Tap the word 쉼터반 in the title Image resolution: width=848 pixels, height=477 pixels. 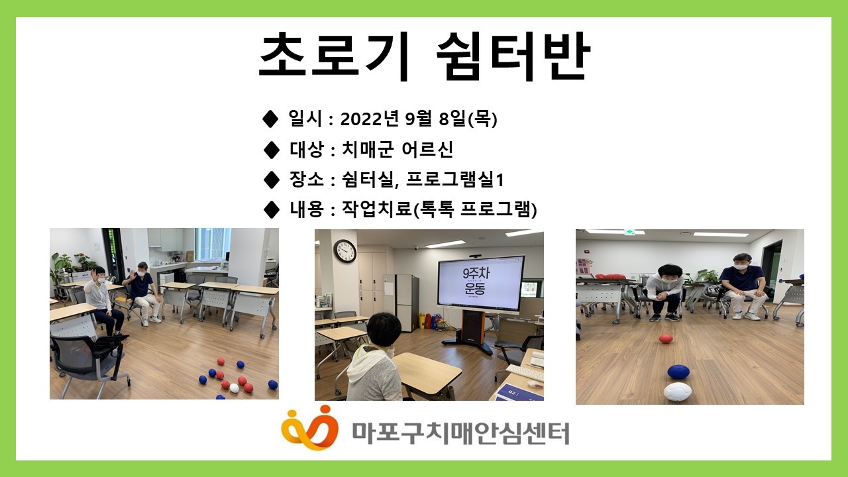513,56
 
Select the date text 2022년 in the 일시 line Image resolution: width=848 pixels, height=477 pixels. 370,119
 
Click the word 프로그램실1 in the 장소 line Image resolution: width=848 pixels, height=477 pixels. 454,180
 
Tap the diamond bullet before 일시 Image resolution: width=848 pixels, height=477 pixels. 270,119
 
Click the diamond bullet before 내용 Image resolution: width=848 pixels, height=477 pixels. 271,209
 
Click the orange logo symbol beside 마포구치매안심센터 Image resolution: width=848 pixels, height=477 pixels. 309,428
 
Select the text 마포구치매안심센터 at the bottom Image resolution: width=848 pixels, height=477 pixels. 460,433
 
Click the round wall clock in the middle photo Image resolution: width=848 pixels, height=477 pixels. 345,251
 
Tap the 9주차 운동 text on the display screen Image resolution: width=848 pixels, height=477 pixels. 476,282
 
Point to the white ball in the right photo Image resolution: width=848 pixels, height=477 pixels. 678,392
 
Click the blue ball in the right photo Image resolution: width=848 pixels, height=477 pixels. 678,372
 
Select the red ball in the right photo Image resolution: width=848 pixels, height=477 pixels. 666,339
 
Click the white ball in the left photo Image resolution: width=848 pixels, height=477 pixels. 234,388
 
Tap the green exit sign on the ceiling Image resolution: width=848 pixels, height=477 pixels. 629,232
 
